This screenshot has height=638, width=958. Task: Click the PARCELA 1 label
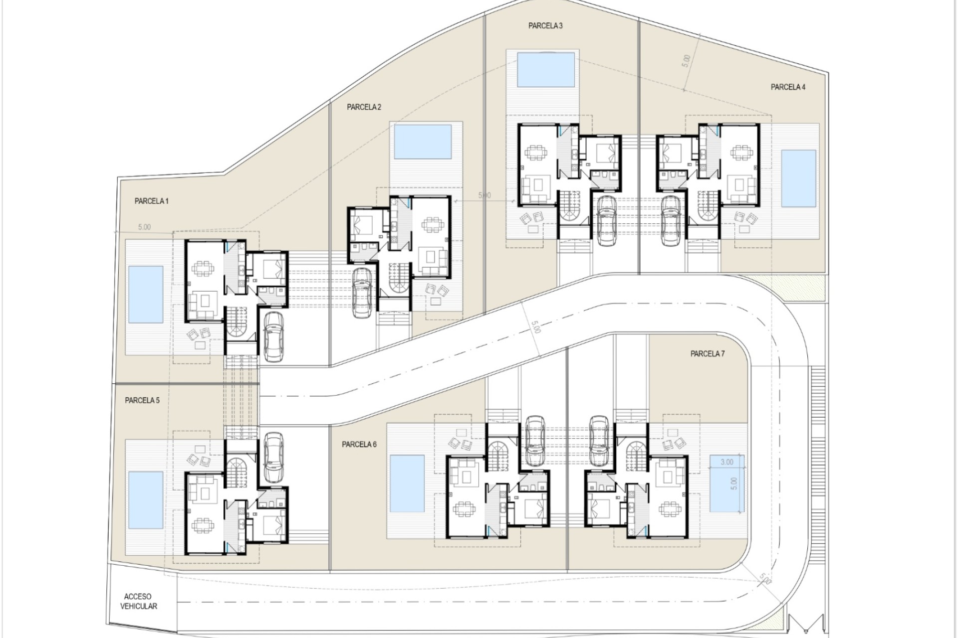[x=152, y=201]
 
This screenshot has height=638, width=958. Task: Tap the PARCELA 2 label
[x=364, y=107]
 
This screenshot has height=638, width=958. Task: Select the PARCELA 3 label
[x=545, y=26]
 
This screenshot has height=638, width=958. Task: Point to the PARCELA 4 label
[x=788, y=87]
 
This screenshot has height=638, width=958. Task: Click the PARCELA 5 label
[x=142, y=400]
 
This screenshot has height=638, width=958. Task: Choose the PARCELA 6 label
[x=359, y=445]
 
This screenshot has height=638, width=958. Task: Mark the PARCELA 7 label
[x=708, y=354]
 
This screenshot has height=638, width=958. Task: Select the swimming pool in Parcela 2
[x=423, y=142]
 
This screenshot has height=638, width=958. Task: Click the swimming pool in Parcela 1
[x=146, y=294]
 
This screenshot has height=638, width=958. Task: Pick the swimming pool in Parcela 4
[x=798, y=178]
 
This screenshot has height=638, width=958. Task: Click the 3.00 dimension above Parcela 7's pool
[x=727, y=462]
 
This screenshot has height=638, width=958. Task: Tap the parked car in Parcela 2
[x=361, y=293]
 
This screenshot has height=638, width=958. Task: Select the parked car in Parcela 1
[x=273, y=336]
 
